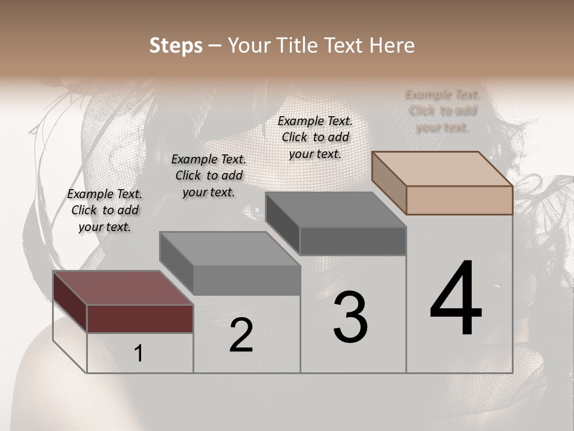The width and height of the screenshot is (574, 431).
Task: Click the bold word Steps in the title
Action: tap(176, 45)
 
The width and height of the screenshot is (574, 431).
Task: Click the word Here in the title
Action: tap(392, 45)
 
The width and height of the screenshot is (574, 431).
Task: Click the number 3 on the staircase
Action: tap(350, 317)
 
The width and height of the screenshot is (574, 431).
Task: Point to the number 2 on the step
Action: tap(241, 335)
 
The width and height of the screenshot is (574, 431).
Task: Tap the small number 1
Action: tap(139, 354)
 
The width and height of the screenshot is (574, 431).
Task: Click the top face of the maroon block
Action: tap(123, 287)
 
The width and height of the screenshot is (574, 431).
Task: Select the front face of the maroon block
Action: tap(140, 318)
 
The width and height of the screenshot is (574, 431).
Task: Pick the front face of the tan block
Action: tap(459, 200)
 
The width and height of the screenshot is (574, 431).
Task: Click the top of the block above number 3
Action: tap(335, 210)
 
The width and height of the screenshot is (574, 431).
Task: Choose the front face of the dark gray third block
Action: tap(353, 241)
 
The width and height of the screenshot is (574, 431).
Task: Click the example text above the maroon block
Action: tap(105, 210)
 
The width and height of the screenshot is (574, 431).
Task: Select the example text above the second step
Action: tap(209, 175)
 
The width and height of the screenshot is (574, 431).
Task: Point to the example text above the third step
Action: tap(315, 137)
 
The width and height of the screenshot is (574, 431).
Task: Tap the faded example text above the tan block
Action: tap(442, 111)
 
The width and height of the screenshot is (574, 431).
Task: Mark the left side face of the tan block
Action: tap(389, 183)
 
